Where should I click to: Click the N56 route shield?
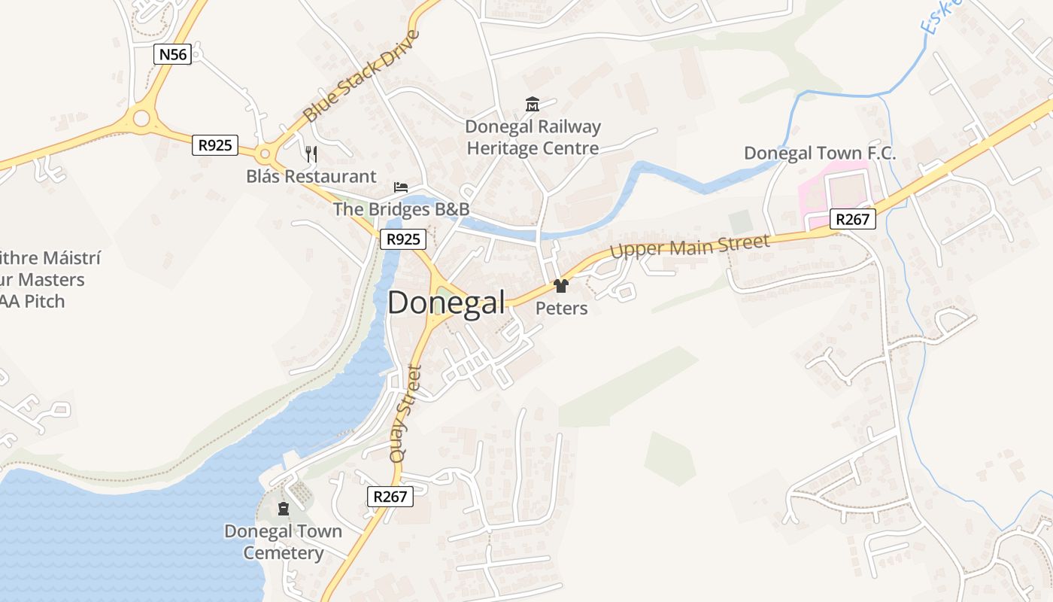(172, 54)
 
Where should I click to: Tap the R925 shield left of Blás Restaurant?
(215, 144)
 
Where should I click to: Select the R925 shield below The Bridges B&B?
(402, 239)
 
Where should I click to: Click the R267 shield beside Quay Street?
(390, 496)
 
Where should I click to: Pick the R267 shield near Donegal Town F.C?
(854, 219)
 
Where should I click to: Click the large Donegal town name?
(446, 303)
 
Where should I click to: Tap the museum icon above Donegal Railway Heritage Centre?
(533, 104)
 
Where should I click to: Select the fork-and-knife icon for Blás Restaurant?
(311, 154)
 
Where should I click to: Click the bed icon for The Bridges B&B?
(401, 187)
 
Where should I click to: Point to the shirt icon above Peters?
(560, 286)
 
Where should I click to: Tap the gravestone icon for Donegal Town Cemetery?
(284, 509)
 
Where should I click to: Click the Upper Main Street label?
(690, 246)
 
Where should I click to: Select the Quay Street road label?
(404, 413)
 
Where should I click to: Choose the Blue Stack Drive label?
(360, 76)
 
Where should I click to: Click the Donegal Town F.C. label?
(820, 154)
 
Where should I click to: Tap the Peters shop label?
(561, 309)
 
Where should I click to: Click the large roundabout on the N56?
(141, 117)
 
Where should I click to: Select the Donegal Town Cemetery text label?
(283, 542)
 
